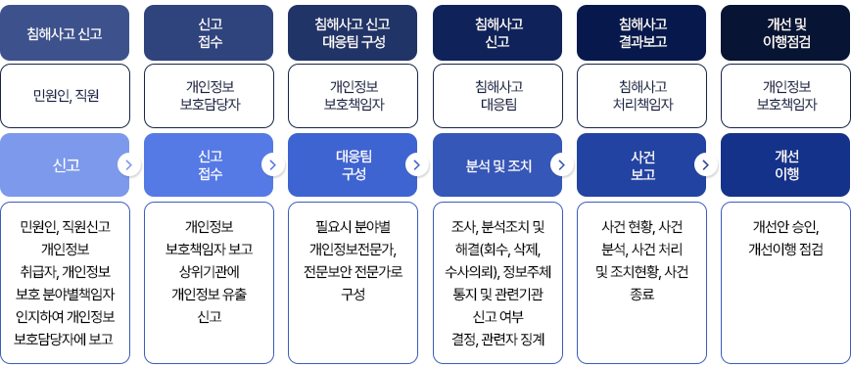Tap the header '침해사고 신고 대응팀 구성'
pyautogui.click(x=353, y=32)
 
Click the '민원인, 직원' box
pyautogui.click(x=65, y=96)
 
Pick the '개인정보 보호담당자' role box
pyautogui.click(x=209, y=96)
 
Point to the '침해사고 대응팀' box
pyautogui.click(x=496, y=96)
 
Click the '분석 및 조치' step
pyautogui.click(x=498, y=165)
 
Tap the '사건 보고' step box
pyautogui.click(x=642, y=165)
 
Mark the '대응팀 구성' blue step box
pyautogui.click(x=353, y=165)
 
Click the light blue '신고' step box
pyautogui.click(x=65, y=165)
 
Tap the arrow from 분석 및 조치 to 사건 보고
pyautogui.click(x=561, y=164)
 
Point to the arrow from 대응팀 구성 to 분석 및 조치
pyautogui.click(x=417, y=164)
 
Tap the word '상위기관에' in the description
pyautogui.click(x=209, y=271)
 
